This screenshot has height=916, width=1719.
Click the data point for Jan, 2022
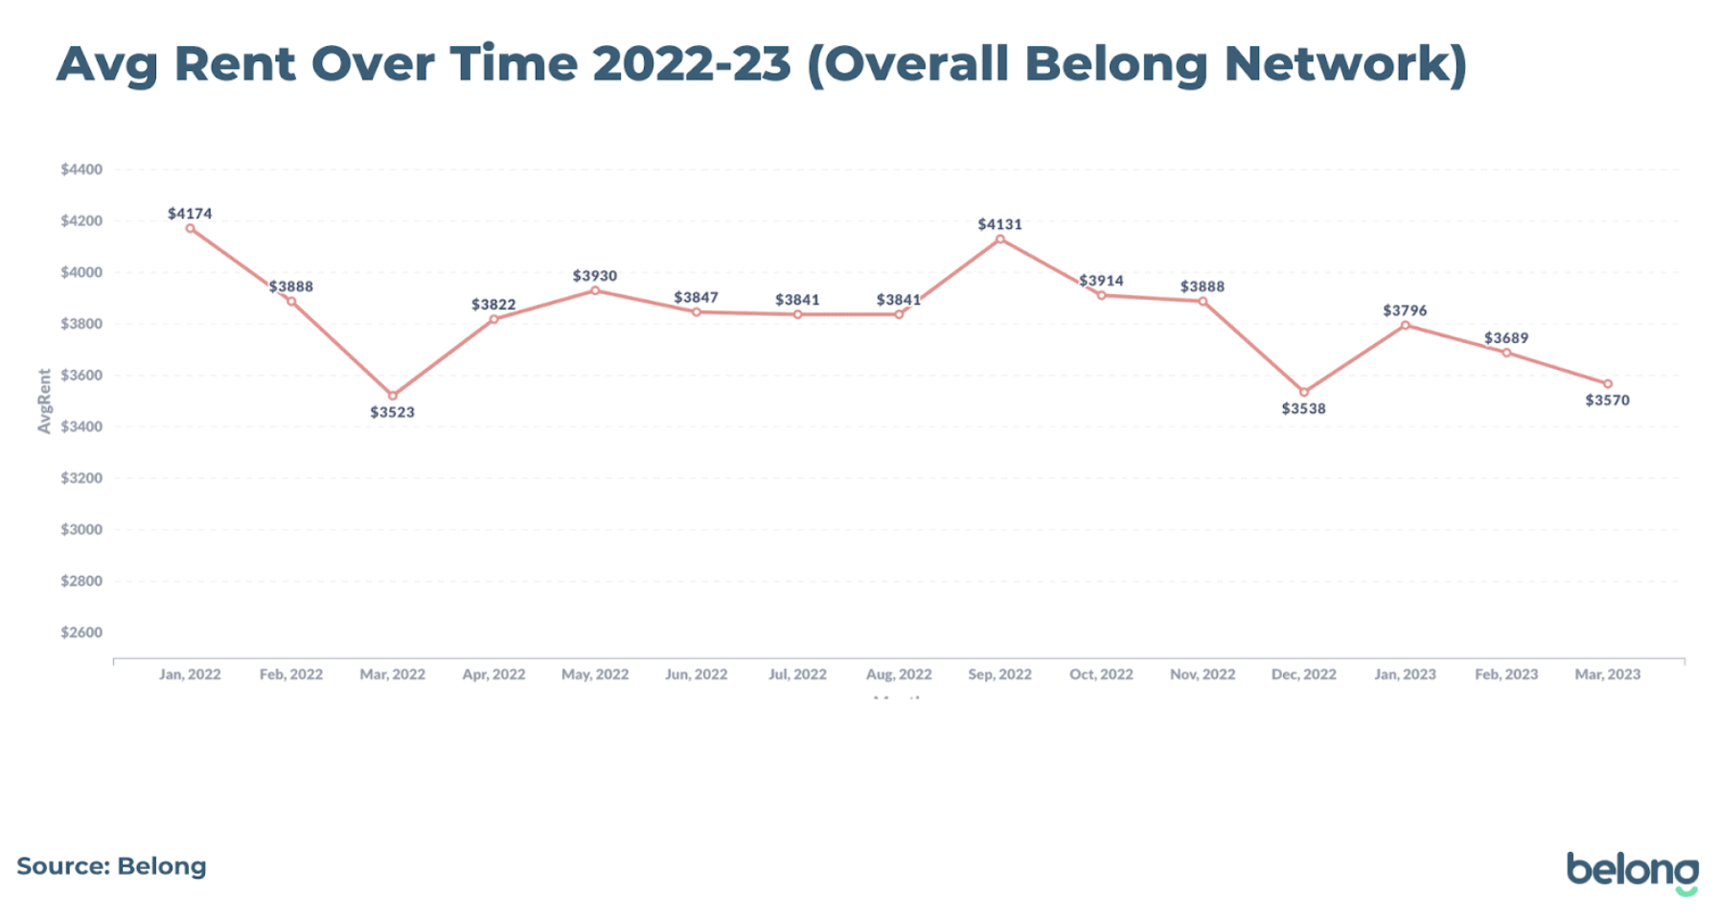[190, 229]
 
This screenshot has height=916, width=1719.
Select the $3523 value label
[392, 412]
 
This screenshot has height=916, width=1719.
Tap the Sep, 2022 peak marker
[1000, 240]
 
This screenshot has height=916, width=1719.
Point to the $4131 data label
[999, 224]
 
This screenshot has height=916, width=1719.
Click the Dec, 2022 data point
[1304, 392]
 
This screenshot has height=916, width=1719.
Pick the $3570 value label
[1607, 401]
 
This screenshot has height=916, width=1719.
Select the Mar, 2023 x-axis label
[1607, 675]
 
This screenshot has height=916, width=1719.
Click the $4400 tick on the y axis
[81, 170]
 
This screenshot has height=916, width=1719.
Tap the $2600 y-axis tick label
[81, 632]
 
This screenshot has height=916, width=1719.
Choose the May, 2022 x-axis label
[595, 675]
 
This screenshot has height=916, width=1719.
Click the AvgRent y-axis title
[44, 401]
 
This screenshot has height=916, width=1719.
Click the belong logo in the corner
[1632, 871]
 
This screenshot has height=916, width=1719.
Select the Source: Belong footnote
[111, 866]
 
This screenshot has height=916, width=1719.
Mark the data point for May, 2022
[595, 290]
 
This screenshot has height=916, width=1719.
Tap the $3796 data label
[1405, 310]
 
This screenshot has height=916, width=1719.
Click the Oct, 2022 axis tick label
[1101, 675]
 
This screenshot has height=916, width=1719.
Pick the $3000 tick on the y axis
[81, 530]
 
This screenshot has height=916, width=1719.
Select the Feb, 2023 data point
[1506, 353]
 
